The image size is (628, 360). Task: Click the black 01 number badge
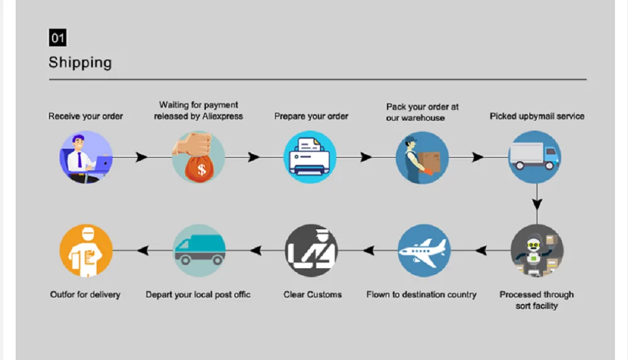coord(58,38)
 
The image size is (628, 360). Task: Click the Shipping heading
coord(80,62)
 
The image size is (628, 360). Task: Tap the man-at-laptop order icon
coord(86,157)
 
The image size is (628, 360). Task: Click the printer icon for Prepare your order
coord(310,157)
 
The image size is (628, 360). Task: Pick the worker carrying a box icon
coord(422,157)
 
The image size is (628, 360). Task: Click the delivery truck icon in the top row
coord(534,157)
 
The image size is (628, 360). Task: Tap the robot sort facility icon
coord(537,251)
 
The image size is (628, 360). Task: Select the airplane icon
coord(424,251)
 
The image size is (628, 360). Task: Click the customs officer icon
coord(311,251)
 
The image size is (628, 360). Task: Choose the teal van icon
coord(199,251)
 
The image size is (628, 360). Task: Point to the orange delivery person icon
coord(86,251)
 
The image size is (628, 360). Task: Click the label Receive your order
coord(86,116)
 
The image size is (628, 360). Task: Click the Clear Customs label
coord(313,294)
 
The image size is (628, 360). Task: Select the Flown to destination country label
coord(421,294)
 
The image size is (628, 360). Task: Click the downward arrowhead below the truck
coord(537,204)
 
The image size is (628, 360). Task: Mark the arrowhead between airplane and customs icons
coord(368,251)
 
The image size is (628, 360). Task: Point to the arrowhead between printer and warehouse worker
coord(365,157)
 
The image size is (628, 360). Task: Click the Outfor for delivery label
coord(85,294)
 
